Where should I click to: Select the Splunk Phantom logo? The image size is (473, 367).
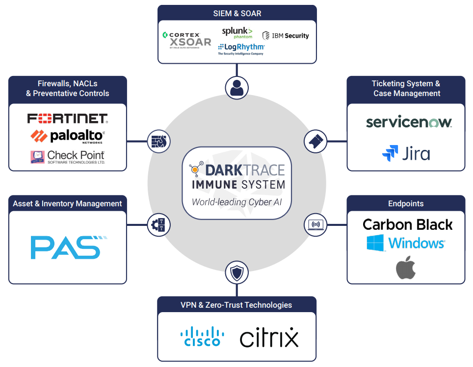[237, 33]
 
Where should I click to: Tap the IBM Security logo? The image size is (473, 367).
[286, 35]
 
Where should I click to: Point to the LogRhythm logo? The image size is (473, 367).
[241, 49]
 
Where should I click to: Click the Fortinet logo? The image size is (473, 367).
[67, 118]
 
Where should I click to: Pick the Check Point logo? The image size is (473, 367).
[67, 156]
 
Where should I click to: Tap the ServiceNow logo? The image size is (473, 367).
[408, 122]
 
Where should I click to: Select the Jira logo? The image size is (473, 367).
[406, 153]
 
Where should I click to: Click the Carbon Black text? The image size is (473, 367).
[407, 225]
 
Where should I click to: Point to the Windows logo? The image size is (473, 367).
[406, 243]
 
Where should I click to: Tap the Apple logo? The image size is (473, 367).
[406, 268]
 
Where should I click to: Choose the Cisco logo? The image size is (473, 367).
[202, 337]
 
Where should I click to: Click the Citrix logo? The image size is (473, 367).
[269, 338]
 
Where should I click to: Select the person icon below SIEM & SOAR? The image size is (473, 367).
[236, 87]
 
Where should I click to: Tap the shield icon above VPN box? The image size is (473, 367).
[236, 273]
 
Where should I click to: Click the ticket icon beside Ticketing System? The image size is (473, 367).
[315, 141]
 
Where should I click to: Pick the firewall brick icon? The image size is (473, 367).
[158, 141]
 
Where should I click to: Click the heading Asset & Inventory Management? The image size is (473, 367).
[68, 203]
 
